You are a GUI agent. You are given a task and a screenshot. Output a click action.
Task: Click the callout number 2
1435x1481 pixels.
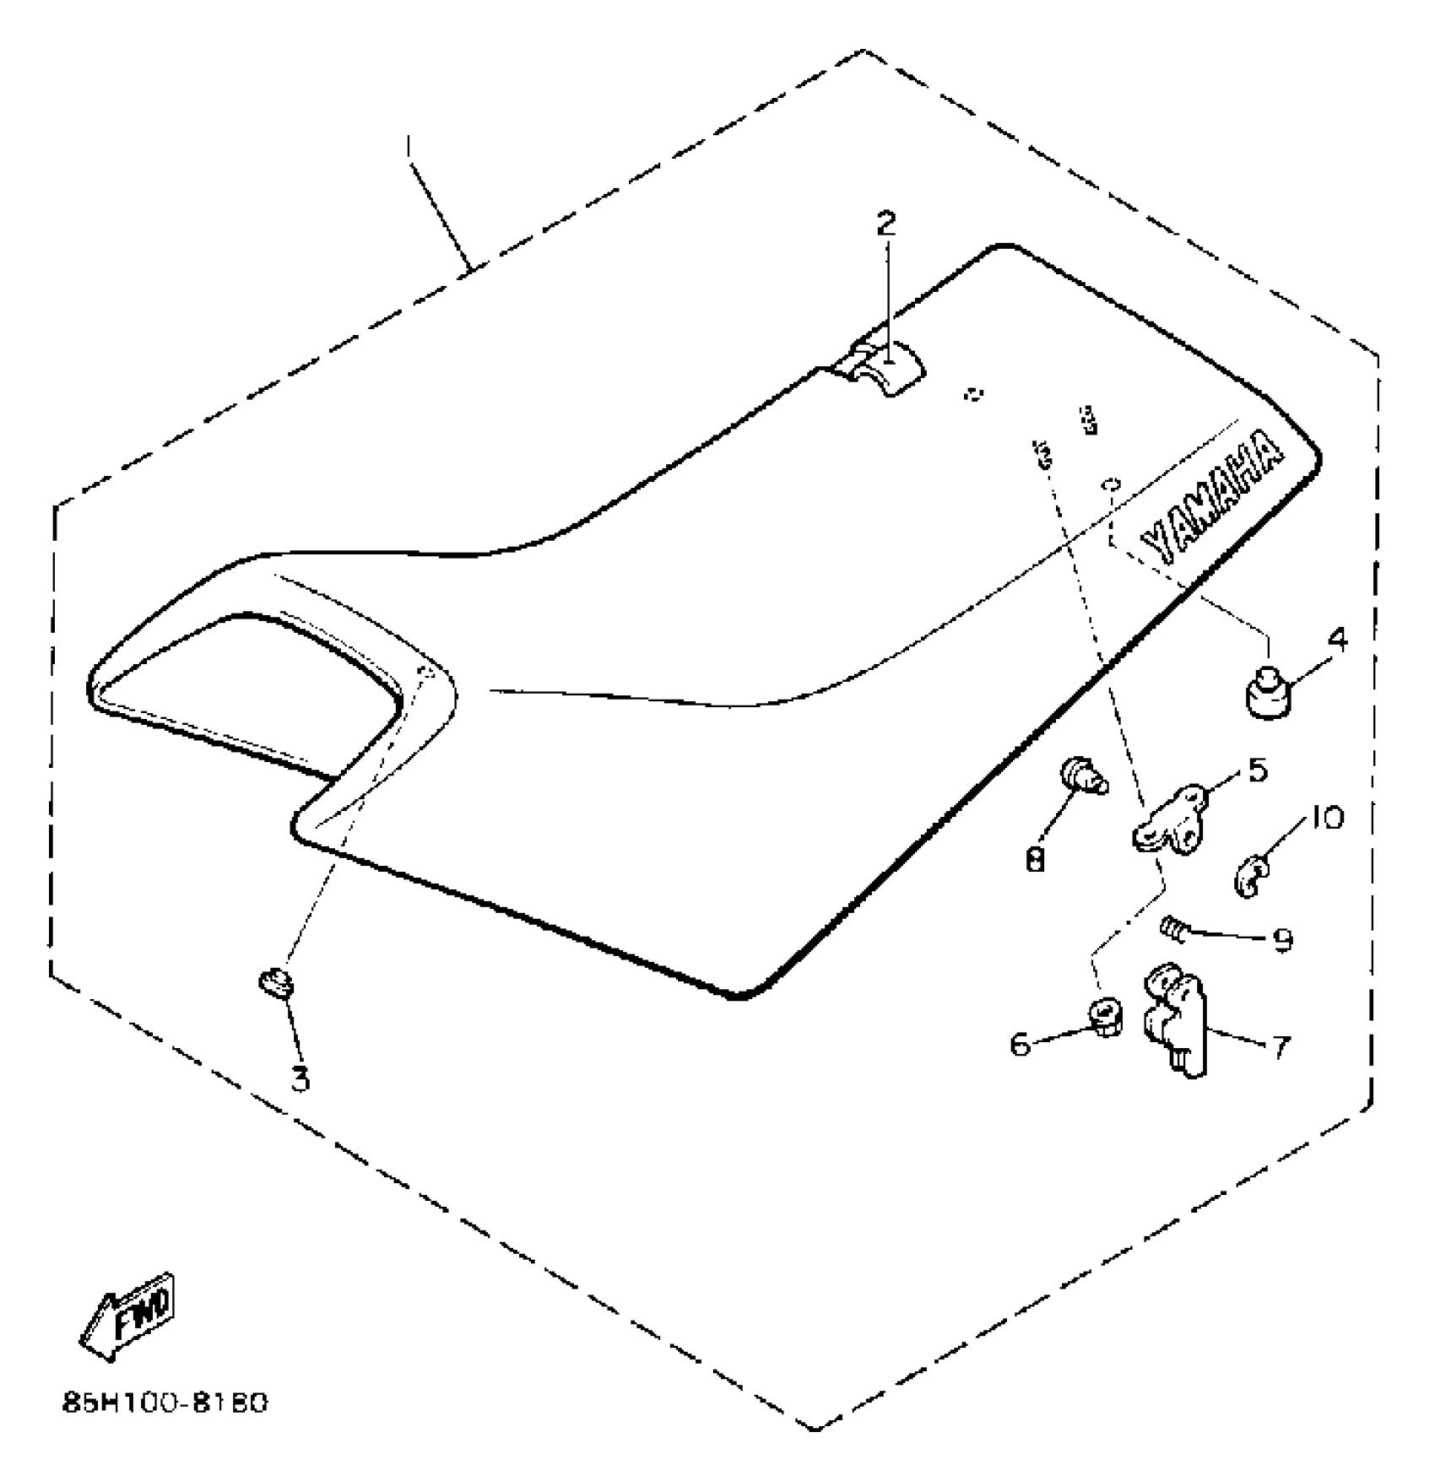(x=885, y=224)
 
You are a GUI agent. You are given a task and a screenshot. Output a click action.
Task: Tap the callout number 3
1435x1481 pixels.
(x=300, y=1078)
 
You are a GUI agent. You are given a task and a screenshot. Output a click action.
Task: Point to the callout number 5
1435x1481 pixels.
(x=1257, y=770)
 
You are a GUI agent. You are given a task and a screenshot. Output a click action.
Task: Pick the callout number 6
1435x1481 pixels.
(x=1021, y=1045)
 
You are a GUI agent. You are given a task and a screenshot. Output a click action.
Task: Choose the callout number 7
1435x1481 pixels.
(x=1281, y=1047)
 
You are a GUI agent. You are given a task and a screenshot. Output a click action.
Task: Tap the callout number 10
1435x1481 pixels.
(x=1327, y=817)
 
